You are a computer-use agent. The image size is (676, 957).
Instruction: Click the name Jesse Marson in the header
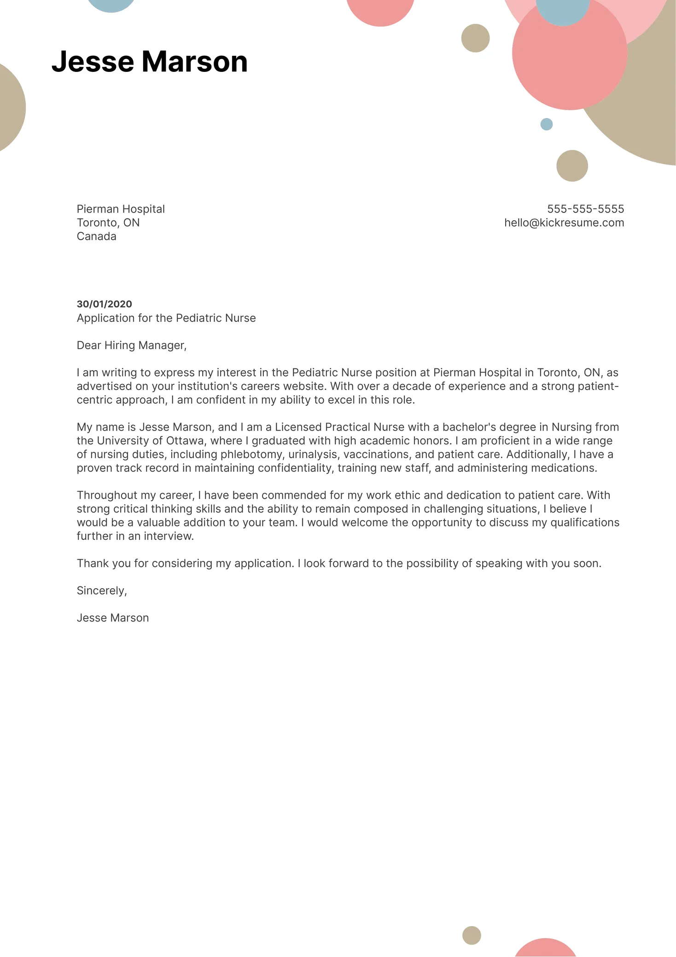(x=149, y=61)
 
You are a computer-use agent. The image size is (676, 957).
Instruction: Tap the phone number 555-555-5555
(x=585, y=209)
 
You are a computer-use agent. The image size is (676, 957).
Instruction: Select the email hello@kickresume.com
(x=564, y=223)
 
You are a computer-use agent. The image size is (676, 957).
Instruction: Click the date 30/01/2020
(x=104, y=304)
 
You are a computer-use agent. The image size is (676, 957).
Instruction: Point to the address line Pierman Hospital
(x=120, y=209)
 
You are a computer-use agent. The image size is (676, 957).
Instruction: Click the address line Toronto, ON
(x=108, y=223)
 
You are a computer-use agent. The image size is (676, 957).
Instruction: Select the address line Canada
(x=96, y=236)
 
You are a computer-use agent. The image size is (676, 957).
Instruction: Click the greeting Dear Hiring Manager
(x=131, y=345)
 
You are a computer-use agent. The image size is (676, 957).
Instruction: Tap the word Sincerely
(x=101, y=591)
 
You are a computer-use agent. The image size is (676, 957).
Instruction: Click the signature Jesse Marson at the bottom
(x=112, y=618)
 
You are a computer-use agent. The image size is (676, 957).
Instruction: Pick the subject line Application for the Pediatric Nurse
(x=166, y=318)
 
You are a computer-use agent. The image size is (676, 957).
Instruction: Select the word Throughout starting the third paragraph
(x=107, y=495)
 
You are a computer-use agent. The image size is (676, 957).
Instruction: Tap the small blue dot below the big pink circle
(x=546, y=124)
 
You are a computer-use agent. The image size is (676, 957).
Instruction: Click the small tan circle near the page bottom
(x=471, y=935)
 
